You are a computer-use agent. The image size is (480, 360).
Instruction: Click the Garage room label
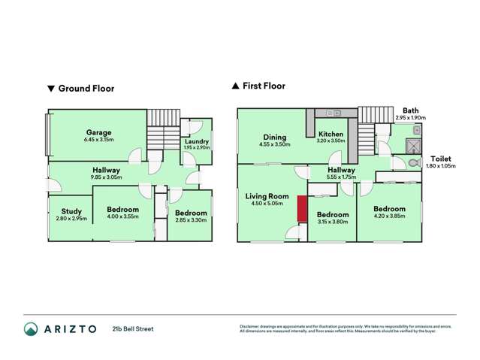click(x=98, y=131)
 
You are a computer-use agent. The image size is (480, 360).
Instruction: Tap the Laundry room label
click(x=197, y=141)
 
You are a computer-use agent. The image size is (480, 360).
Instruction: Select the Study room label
click(x=71, y=211)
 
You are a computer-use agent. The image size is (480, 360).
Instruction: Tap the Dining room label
click(x=274, y=136)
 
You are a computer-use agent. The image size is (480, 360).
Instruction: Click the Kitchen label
click(x=331, y=133)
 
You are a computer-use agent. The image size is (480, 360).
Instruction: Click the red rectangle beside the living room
click(x=302, y=209)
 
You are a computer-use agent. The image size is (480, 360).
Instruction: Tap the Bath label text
click(x=411, y=110)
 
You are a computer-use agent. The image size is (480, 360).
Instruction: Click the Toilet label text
click(x=440, y=158)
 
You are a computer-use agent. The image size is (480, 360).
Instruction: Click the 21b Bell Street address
click(x=133, y=328)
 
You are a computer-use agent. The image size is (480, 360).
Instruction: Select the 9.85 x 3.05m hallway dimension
click(x=107, y=177)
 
